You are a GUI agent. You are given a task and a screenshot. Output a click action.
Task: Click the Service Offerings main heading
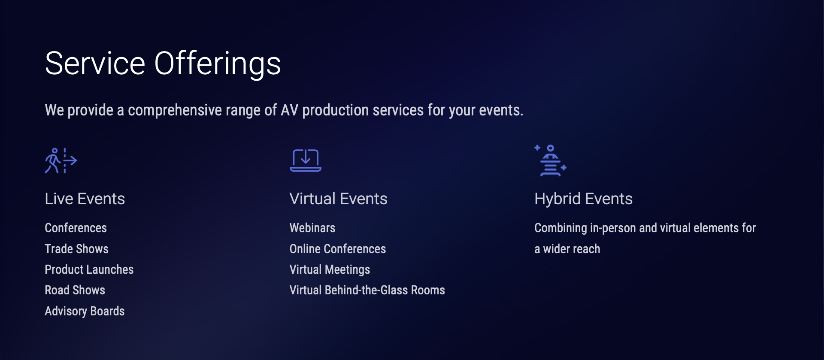coord(163,64)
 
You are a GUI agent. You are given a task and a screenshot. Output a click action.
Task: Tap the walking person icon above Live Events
coord(61,161)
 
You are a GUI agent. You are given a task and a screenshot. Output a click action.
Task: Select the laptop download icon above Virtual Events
coord(306,160)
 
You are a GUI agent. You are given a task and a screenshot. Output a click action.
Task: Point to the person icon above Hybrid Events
coord(551,161)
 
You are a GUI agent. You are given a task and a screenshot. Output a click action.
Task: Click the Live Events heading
coord(85,199)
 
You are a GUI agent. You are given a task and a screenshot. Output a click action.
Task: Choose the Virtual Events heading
coord(339,199)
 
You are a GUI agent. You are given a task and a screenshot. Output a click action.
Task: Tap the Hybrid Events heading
coord(584,199)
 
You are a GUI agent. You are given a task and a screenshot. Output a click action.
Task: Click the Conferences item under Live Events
coord(76,228)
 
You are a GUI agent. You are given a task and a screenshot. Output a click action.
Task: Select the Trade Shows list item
coord(77,249)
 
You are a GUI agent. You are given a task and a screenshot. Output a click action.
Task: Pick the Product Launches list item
coord(89,269)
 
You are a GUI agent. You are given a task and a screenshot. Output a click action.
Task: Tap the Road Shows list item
coord(75,290)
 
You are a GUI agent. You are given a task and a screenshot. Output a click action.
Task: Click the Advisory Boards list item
coord(85,311)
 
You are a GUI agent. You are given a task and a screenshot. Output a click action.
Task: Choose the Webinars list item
coord(312,228)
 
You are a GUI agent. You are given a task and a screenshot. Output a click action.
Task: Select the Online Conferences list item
coord(338,249)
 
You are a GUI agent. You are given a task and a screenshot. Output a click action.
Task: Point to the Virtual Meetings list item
coord(330,269)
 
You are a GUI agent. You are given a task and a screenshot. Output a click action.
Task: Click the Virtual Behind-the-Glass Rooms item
coord(367,290)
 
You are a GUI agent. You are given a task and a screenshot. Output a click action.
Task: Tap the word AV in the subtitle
coord(289,110)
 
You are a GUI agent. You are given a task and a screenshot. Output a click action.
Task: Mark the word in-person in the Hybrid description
coord(613,228)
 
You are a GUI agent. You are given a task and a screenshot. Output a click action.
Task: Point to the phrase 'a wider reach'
coord(567,249)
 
